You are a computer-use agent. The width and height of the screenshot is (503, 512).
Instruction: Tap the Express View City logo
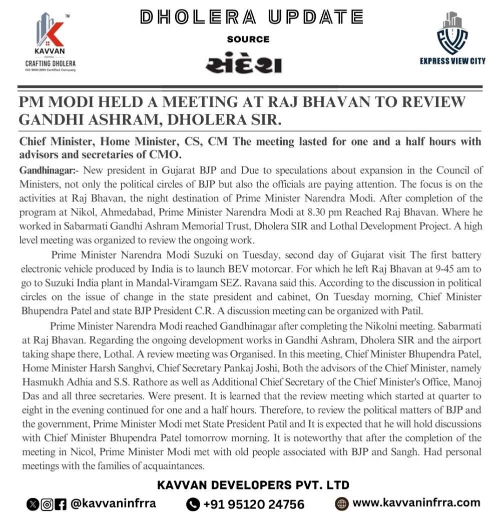point(452,40)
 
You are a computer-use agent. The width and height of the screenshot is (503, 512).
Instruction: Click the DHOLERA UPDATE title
point(251,17)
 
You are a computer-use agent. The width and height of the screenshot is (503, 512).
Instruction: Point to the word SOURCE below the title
point(248,39)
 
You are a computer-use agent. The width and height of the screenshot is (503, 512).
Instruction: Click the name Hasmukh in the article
point(45,382)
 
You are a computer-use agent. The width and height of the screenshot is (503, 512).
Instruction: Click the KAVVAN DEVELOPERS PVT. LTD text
point(253,485)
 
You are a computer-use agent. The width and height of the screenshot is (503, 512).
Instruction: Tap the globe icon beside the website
point(342,503)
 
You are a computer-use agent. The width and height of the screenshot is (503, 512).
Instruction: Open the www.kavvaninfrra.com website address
point(416,503)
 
